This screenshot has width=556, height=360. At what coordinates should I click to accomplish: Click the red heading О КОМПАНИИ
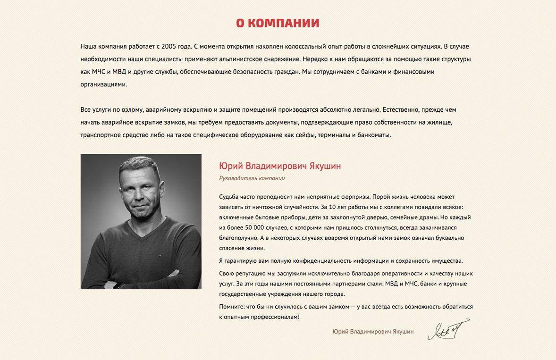(x=278, y=23)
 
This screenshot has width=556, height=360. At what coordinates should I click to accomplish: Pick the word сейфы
(x=306, y=135)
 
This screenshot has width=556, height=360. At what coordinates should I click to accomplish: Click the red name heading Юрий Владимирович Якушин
(x=280, y=166)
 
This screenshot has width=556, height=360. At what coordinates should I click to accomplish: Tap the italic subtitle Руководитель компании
(x=252, y=178)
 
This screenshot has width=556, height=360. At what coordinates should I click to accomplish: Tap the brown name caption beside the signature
(x=373, y=332)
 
